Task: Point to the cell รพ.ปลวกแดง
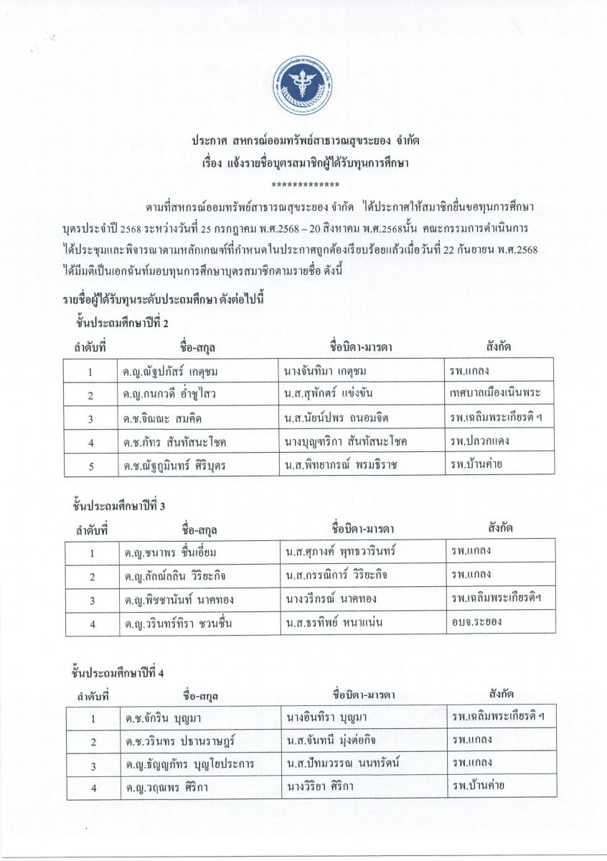[479, 441]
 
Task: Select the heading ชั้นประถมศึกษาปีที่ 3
[119, 506]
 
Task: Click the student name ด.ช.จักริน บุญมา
[161, 717]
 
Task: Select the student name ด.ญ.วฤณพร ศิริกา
[161, 786]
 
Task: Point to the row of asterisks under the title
[303, 184]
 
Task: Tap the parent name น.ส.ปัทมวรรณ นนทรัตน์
[342, 763]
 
